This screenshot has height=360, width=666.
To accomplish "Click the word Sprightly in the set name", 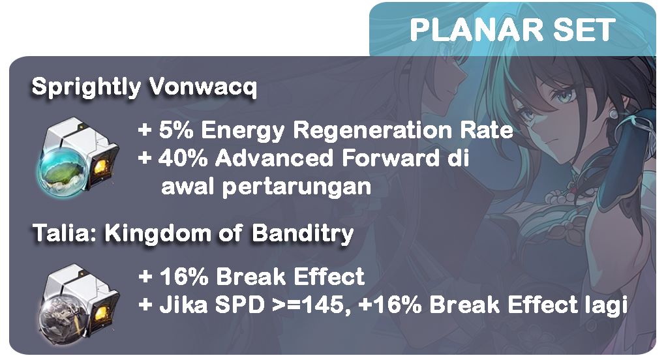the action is point(85,87).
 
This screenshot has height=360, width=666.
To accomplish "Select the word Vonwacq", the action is point(203,87).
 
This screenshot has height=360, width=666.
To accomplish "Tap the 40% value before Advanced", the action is point(183,158).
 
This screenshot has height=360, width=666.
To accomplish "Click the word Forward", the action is point(390,158).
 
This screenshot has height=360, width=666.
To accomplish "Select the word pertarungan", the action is point(297,187).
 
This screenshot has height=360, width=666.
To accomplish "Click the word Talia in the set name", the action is point(64,233).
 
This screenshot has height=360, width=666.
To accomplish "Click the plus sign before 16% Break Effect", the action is point(145,277).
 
